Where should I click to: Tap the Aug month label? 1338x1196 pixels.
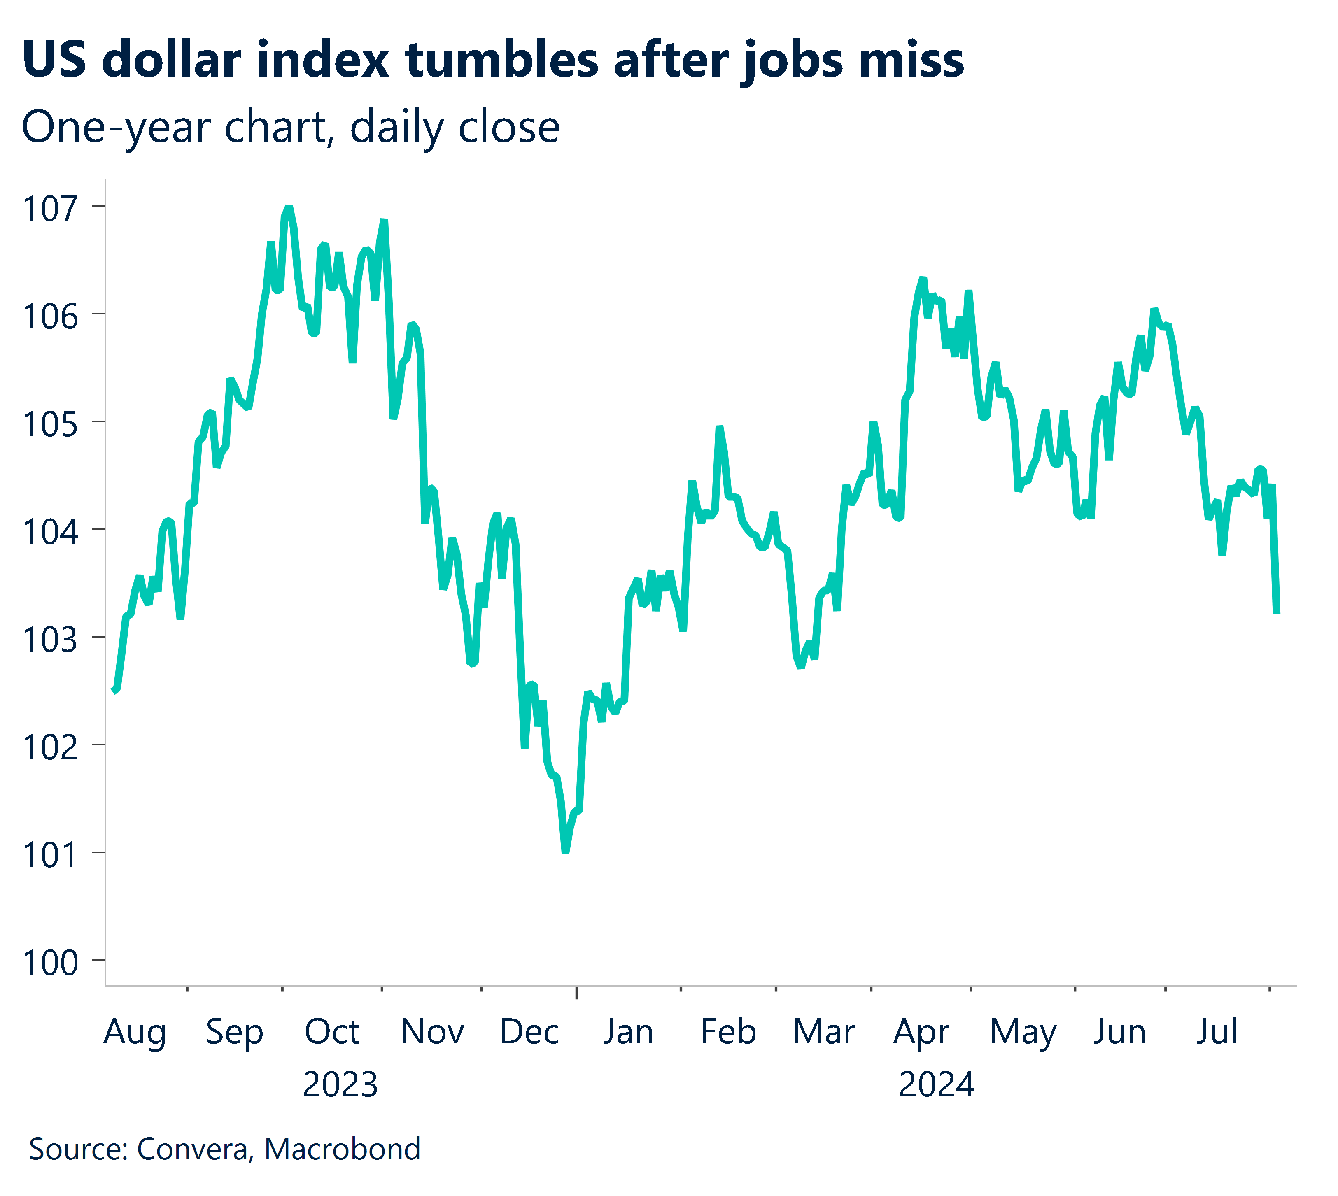(135, 1032)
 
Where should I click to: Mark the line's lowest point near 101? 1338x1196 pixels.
(565, 852)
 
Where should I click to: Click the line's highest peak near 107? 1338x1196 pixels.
(288, 208)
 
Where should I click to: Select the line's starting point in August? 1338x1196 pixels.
(114, 690)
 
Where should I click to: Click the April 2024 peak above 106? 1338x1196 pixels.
(923, 279)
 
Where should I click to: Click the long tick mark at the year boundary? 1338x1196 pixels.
(576, 991)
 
